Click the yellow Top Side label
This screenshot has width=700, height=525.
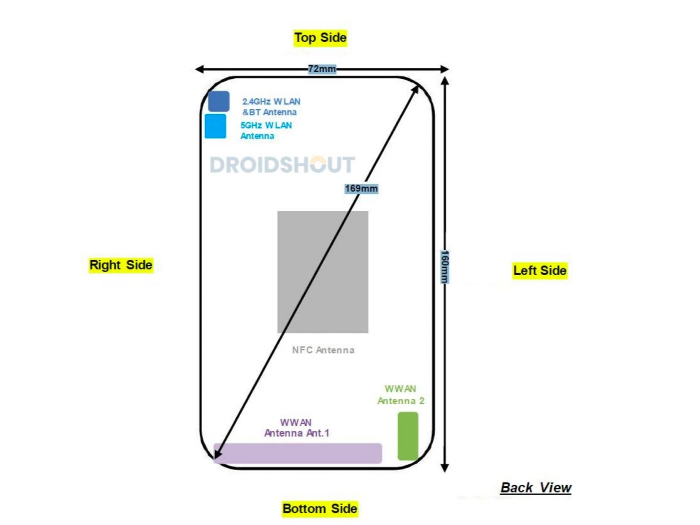click(x=320, y=38)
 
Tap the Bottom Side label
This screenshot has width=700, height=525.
click(x=319, y=509)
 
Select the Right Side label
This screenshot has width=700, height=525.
click(x=121, y=265)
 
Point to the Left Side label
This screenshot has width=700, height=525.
click(x=539, y=271)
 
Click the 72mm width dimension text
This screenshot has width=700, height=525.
click(x=322, y=69)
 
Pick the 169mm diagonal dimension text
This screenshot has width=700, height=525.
click(x=361, y=189)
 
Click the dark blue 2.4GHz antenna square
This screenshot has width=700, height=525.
click(x=219, y=101)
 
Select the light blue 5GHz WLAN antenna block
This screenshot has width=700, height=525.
click(x=215, y=126)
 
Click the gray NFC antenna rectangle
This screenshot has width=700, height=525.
click(x=323, y=272)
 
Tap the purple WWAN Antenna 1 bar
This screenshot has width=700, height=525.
click(x=298, y=453)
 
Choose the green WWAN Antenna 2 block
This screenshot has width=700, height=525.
click(x=407, y=436)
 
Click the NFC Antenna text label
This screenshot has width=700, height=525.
click(x=323, y=350)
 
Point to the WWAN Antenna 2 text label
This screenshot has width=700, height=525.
click(x=400, y=395)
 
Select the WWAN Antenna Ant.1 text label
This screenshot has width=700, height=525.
click(x=297, y=428)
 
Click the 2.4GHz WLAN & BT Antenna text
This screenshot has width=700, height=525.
click(x=271, y=107)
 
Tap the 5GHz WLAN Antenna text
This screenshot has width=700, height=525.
click(x=266, y=130)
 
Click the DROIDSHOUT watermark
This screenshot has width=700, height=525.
click(x=282, y=165)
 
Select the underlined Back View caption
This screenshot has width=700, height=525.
click(x=536, y=488)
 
